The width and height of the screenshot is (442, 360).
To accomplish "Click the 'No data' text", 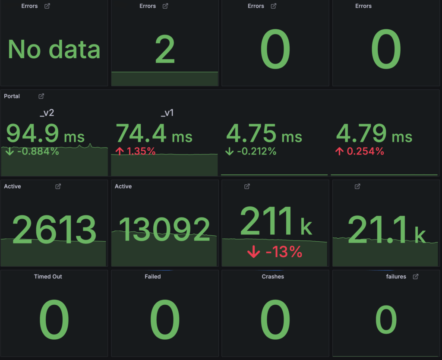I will (54, 49).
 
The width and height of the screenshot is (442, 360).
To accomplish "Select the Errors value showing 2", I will (164, 50).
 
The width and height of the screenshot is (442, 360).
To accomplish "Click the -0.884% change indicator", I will (33, 152).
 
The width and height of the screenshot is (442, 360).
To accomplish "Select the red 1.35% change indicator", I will (136, 152).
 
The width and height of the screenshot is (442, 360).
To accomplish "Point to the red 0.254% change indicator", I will (360, 152).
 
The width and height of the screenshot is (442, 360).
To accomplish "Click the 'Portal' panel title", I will (12, 96).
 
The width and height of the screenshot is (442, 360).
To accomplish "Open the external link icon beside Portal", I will (41, 96).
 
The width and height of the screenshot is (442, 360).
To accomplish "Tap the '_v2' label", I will (46, 114).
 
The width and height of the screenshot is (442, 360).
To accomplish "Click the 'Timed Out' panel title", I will (48, 276).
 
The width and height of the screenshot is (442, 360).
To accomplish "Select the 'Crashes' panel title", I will (273, 276).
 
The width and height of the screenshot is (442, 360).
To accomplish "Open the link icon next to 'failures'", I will (416, 276).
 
